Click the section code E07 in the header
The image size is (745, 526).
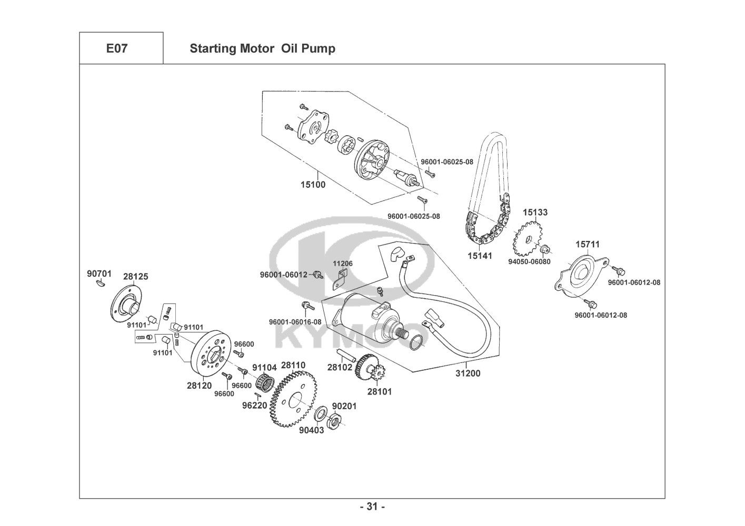116,48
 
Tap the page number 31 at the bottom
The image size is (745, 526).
372,507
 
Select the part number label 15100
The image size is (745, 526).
313,185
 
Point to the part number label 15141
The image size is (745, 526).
479,256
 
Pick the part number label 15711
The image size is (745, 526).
587,245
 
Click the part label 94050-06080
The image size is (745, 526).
529,261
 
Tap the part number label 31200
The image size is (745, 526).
468,373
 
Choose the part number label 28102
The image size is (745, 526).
340,368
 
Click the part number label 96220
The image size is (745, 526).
254,406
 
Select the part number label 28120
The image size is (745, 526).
198,385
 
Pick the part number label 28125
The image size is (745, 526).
135,276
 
